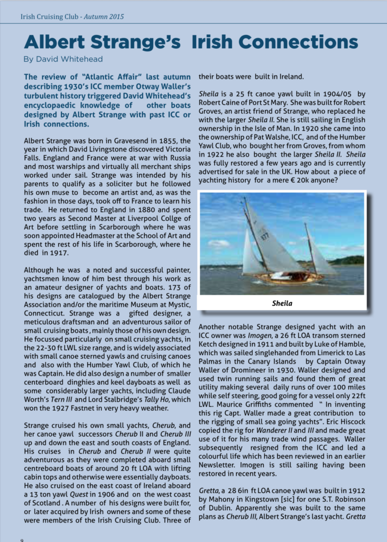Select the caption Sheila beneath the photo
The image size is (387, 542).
point(282,304)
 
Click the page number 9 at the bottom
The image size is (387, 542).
point(22,539)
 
